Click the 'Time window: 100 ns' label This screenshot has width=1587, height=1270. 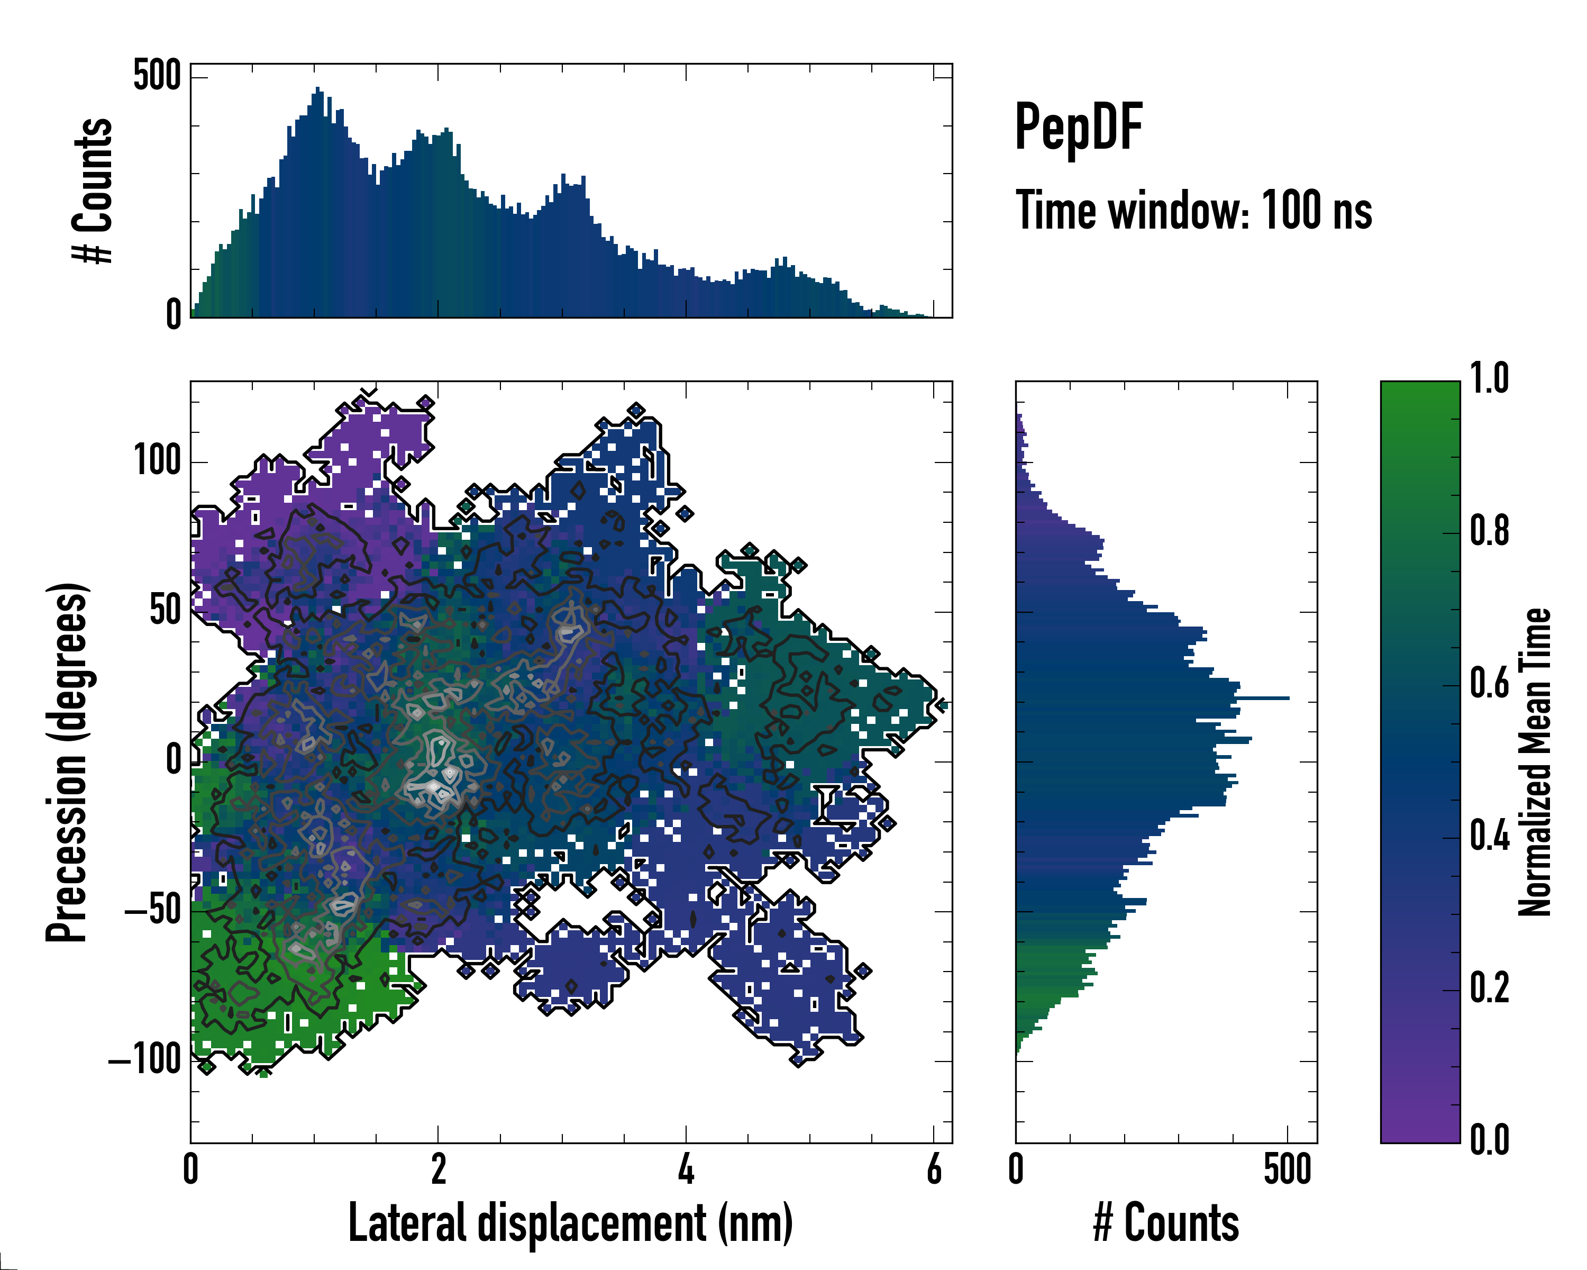(1193, 211)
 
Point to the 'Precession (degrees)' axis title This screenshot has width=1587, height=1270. (67, 761)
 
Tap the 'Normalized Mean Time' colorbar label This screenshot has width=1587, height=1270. (1535, 761)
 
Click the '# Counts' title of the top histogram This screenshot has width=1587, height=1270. (93, 190)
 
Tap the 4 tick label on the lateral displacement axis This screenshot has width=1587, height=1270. (686, 1169)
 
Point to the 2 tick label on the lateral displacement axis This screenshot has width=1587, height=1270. (438, 1169)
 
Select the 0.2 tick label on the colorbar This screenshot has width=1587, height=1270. (1489, 988)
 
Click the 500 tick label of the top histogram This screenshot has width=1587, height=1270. (157, 75)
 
